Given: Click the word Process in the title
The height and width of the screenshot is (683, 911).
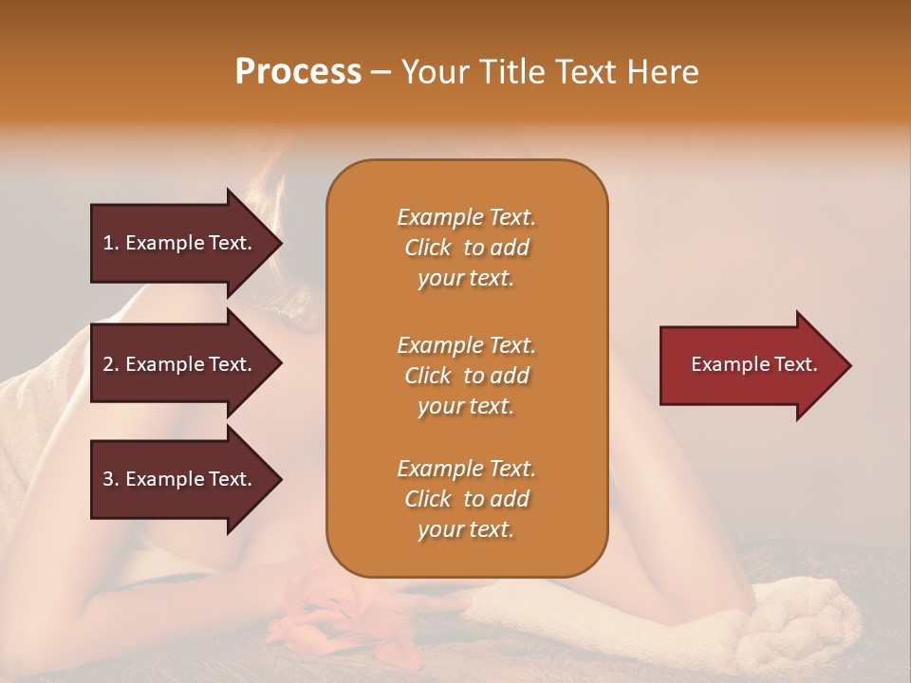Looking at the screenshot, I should [x=298, y=72].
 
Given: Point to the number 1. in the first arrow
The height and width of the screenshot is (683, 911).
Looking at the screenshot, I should [x=111, y=243].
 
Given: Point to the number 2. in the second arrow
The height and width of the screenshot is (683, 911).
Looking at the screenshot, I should [x=111, y=364].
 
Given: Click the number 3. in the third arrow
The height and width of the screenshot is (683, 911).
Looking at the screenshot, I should [x=111, y=479].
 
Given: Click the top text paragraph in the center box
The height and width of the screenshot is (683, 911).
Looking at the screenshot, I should [x=466, y=248].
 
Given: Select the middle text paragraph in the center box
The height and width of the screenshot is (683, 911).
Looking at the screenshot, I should [x=466, y=376].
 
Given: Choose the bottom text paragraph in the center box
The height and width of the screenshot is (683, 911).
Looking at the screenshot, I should [x=466, y=499].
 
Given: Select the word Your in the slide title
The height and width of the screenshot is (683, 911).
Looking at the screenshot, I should [x=437, y=72].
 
